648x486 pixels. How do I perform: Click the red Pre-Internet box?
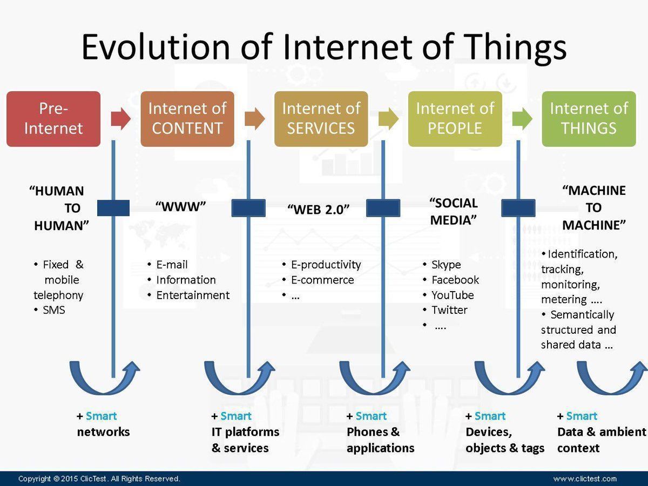pos(53,119)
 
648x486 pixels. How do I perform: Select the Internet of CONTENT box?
pos(187,119)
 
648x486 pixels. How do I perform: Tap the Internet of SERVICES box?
pos(321,119)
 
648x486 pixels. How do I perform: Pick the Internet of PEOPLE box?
pos(455,119)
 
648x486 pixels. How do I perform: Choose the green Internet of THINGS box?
pos(589,119)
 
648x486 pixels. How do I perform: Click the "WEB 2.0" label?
pos(319,210)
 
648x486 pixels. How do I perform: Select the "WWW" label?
pos(181,207)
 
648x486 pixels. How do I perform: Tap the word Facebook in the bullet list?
pos(455,280)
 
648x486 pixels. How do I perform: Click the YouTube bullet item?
pos(452,295)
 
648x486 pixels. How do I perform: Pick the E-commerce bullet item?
pos(322,280)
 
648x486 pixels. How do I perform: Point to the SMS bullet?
pos(53,310)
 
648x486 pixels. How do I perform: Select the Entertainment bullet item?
pos(193,295)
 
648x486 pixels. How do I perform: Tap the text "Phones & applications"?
pos(380,440)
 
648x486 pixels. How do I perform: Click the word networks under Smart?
pos(103,432)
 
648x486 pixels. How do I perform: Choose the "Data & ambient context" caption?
pos(601,440)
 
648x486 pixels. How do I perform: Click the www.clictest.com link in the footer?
pos(584,478)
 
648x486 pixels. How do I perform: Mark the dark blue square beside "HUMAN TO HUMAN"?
pos(113,208)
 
